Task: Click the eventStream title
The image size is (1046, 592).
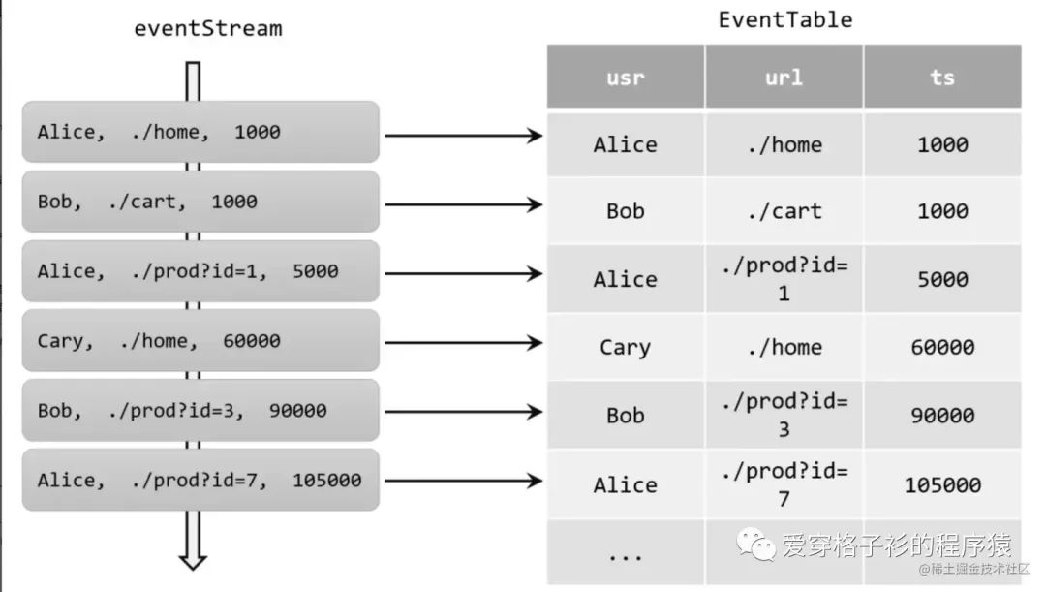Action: tap(207, 28)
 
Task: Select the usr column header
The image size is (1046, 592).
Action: tap(625, 77)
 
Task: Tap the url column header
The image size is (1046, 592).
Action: tap(784, 77)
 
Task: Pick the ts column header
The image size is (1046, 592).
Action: tap(942, 77)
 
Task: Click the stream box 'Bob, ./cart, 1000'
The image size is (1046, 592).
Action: tap(201, 202)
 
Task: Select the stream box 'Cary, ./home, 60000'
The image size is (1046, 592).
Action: tap(201, 341)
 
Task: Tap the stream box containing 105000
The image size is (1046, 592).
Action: tap(201, 481)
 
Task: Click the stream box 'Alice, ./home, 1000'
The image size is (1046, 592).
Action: tap(201, 132)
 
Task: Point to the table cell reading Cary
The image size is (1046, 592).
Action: tap(625, 347)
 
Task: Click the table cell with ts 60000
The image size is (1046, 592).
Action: tap(942, 347)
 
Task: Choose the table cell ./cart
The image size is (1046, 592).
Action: tap(784, 211)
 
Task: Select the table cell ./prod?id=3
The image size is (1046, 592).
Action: tap(784, 415)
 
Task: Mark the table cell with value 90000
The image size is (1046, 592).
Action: tap(942, 415)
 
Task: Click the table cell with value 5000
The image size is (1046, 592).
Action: tap(942, 279)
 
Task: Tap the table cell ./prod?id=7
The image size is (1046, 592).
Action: tap(784, 483)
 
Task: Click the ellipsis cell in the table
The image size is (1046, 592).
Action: tap(625, 554)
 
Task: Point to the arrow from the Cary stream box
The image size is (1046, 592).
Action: tap(463, 343)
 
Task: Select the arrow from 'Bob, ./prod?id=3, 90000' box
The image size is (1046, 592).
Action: tap(463, 412)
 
